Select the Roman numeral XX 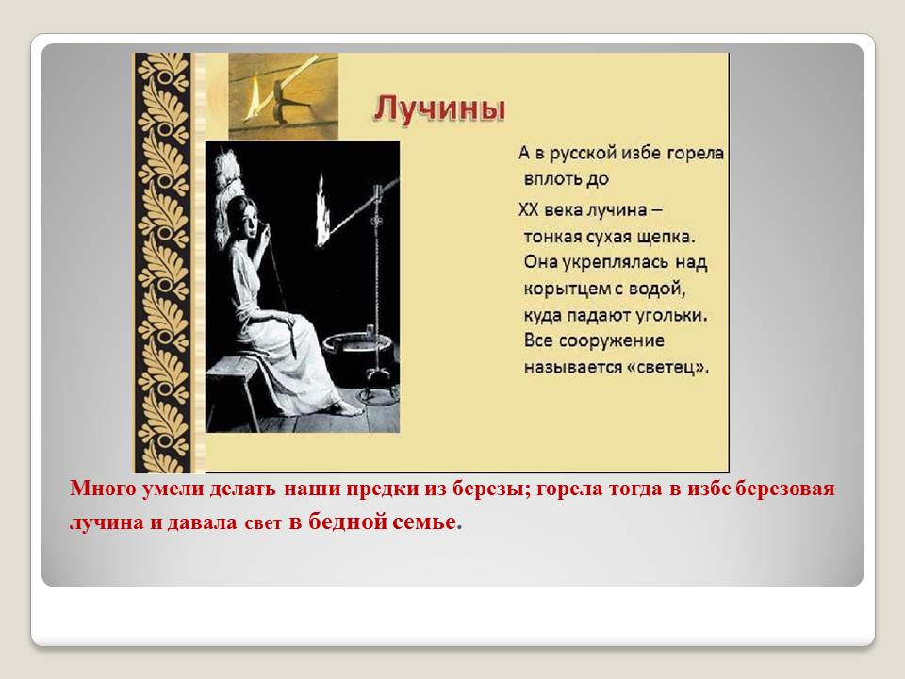click(528, 209)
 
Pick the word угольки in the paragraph click(671, 315)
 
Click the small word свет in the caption click(263, 523)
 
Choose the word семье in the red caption click(426, 522)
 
